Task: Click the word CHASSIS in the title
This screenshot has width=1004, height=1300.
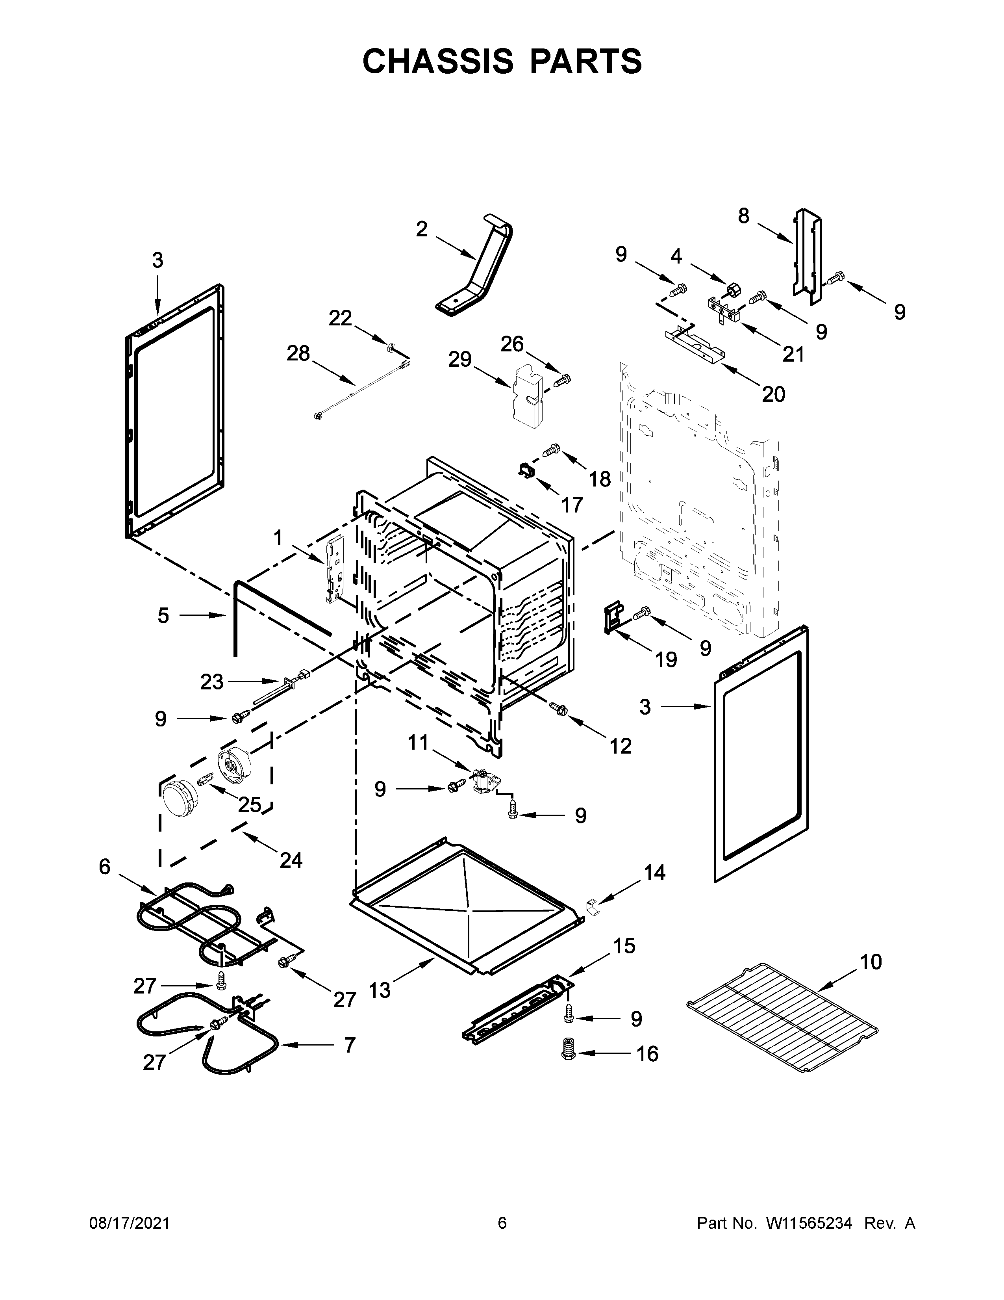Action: click(438, 61)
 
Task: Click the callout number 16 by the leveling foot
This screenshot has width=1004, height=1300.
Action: click(647, 1070)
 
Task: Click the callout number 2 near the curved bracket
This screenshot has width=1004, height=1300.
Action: click(421, 229)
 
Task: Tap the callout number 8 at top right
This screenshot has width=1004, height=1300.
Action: click(743, 215)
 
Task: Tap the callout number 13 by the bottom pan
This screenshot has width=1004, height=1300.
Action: click(380, 990)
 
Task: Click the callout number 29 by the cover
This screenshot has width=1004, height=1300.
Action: click(460, 360)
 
